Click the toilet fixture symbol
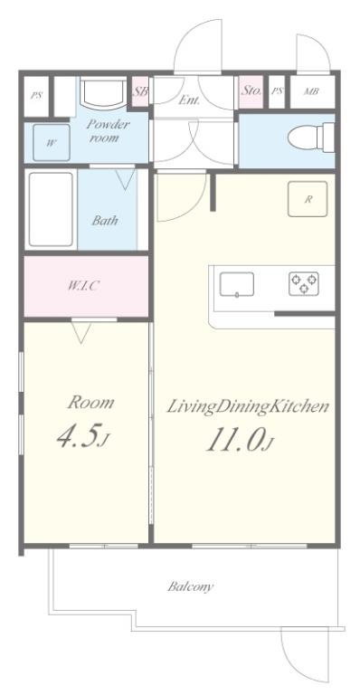point(311,138)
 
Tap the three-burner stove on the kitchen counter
point(304,283)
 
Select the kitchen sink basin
point(237,284)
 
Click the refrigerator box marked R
point(308,199)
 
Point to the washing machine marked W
point(52,143)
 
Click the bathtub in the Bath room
point(51,209)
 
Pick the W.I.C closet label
point(82,286)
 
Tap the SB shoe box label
point(141,91)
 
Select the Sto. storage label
point(251,90)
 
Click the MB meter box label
point(311,91)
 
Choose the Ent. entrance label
point(189,100)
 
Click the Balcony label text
point(191,586)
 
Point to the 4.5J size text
point(83,436)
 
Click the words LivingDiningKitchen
point(248,407)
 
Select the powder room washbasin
point(104,93)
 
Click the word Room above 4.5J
point(90,403)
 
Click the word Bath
point(106,220)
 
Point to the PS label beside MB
point(277,91)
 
